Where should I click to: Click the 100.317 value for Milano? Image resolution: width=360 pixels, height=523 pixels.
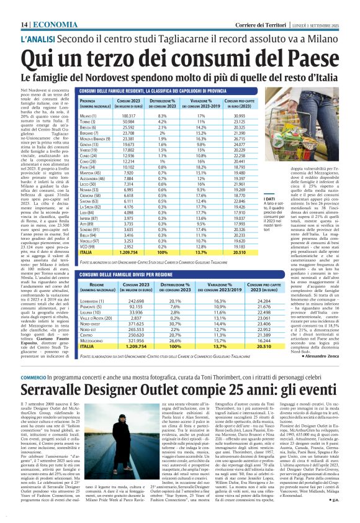[x=128, y=116]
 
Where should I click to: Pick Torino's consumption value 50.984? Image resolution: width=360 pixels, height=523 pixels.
[x=128, y=122]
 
